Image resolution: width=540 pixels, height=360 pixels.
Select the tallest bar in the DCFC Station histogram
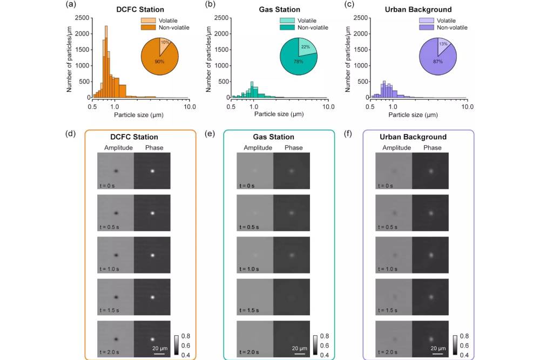[106, 62]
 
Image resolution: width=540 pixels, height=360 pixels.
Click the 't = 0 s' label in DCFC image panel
[107, 185]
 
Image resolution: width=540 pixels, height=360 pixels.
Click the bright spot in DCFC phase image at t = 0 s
[152, 171]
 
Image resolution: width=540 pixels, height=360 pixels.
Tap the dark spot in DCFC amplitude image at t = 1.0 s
[116, 255]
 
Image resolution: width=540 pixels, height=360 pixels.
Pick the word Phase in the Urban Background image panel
[433, 147]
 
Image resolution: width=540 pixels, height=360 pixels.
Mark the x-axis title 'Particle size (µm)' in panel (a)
[138, 115]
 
